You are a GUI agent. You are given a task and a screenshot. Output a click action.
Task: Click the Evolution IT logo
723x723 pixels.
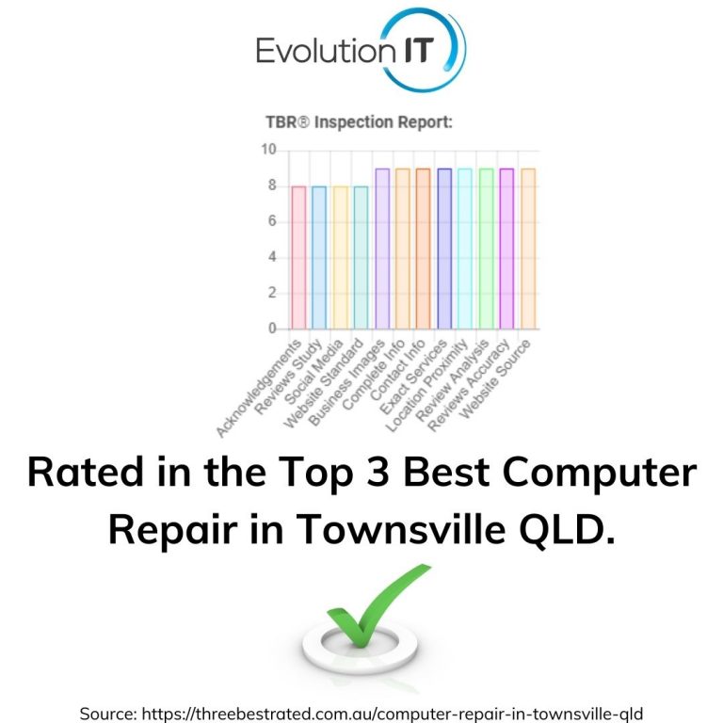pyautogui.click(x=361, y=50)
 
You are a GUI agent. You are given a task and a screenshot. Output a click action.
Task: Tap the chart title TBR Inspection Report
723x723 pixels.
pyautogui.click(x=360, y=122)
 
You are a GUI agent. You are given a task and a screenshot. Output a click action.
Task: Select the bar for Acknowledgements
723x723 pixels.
pyautogui.click(x=298, y=257)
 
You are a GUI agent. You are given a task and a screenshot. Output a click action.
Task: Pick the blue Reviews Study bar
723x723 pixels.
pyautogui.click(x=319, y=257)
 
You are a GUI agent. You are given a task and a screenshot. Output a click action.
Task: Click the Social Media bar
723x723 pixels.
pyautogui.click(x=340, y=257)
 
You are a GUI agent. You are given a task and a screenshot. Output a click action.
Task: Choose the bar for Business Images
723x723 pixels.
pyautogui.click(x=382, y=249)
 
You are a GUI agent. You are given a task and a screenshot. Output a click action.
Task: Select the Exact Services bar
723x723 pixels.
pyautogui.click(x=444, y=249)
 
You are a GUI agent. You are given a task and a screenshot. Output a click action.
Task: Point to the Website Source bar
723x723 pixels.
pyautogui.click(x=528, y=249)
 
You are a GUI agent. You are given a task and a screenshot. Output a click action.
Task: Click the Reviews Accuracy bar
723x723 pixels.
pyautogui.click(x=506, y=249)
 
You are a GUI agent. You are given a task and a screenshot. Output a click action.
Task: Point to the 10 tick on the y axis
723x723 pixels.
pyautogui.click(x=268, y=150)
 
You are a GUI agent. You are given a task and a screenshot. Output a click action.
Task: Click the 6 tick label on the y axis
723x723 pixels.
pyautogui.click(x=272, y=221)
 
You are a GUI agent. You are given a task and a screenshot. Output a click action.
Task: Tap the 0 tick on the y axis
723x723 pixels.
pyautogui.click(x=272, y=329)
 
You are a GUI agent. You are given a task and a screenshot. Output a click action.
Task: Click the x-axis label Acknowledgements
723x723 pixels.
pyautogui.click(x=258, y=388)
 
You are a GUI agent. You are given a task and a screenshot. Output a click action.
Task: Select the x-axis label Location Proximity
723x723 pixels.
pyautogui.click(x=426, y=385)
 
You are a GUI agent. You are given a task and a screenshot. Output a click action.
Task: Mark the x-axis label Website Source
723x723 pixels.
pyautogui.click(x=495, y=379)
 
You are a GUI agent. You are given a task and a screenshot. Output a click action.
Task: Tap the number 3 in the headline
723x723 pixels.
pyautogui.click(x=378, y=472)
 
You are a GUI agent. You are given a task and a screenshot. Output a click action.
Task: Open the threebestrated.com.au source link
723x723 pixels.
pyautogui.click(x=392, y=714)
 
